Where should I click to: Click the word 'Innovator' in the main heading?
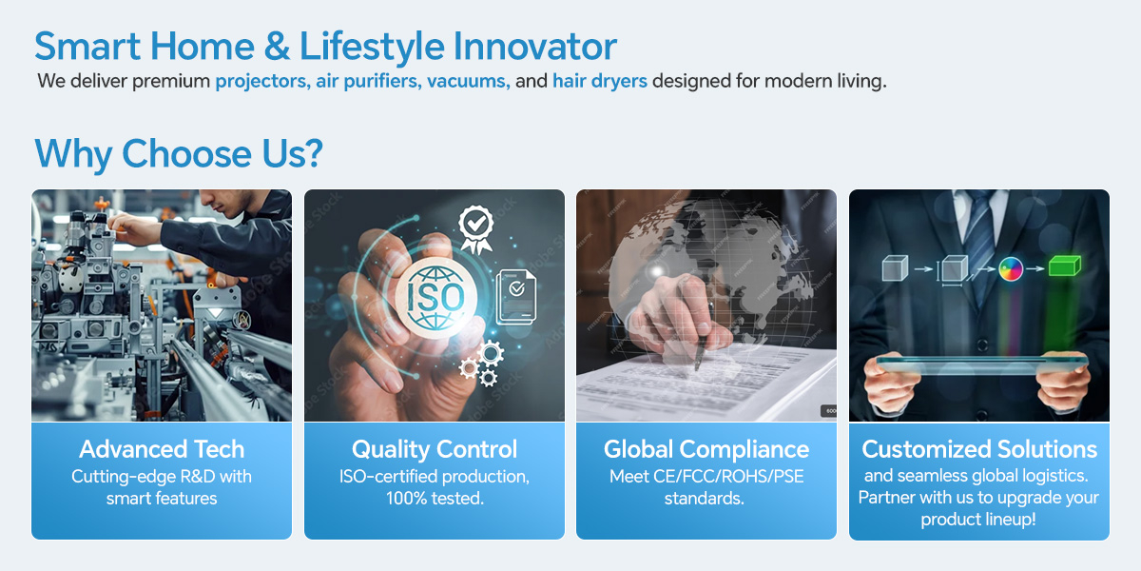(534, 46)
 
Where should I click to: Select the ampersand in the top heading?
(277, 46)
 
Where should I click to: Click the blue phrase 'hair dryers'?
(600, 82)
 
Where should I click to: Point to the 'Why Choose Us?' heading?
(179, 153)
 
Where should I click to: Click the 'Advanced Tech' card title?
(162, 449)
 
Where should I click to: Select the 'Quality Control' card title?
(435, 449)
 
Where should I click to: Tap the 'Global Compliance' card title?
(706, 449)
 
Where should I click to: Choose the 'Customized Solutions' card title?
(979, 449)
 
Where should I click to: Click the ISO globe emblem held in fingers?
(436, 298)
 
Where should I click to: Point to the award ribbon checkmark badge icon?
(476, 228)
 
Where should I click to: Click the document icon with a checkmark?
(516, 297)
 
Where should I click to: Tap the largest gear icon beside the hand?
(491, 353)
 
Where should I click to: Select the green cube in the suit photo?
(1065, 266)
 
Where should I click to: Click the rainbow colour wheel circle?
(1011, 268)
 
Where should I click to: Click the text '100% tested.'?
(435, 498)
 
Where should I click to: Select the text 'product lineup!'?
(978, 520)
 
